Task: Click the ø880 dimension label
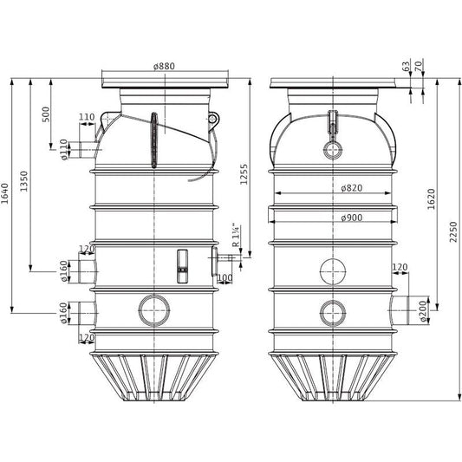164,66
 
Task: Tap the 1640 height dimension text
5,193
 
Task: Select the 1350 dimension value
24,181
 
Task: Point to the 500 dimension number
46,114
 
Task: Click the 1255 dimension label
244,174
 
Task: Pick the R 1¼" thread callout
237,235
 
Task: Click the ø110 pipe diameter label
64,150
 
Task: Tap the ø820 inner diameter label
352,188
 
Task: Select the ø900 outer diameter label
352,218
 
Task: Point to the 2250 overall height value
453,232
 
